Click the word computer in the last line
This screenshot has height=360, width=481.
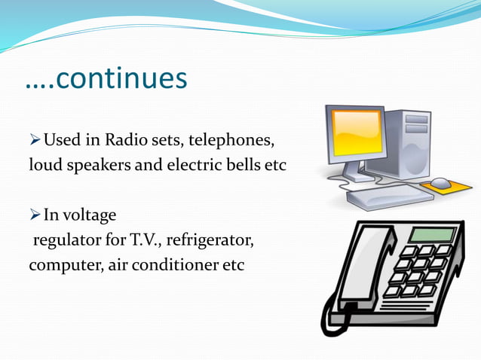click(60, 265)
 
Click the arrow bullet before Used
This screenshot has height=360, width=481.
click(35, 140)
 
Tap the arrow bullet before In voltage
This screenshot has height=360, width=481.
click(35, 216)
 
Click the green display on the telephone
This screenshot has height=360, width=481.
click(431, 234)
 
